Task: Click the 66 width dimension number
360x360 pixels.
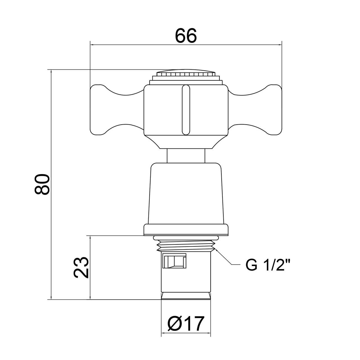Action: pyautogui.click(x=186, y=35)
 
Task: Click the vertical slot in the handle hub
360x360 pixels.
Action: pyautogui.click(x=186, y=110)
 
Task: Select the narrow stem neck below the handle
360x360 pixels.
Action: pyautogui.click(x=186, y=156)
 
